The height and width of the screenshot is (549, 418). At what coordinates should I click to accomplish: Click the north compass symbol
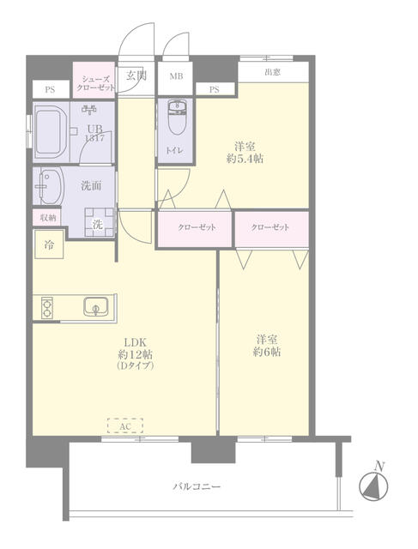tap(373, 486)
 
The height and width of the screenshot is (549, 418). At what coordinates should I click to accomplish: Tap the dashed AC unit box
tap(125, 425)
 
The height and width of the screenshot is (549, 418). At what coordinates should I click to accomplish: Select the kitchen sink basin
tap(95, 306)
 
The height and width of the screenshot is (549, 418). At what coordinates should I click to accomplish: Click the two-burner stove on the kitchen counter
tap(47, 308)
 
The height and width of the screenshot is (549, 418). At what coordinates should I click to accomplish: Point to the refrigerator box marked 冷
tap(49, 244)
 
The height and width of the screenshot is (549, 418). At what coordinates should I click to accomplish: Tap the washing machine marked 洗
tap(100, 223)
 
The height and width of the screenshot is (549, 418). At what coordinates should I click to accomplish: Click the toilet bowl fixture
tap(177, 118)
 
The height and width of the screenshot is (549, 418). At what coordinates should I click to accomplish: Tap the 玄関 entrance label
tap(136, 75)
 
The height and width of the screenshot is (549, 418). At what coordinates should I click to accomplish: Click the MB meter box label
tap(176, 76)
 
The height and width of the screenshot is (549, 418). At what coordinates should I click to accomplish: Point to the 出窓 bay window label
tap(272, 72)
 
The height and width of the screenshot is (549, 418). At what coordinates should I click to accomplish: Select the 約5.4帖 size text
tap(245, 160)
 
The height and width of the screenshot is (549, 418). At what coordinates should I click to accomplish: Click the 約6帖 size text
tap(267, 352)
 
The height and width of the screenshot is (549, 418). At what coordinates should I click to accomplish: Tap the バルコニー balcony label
tap(197, 486)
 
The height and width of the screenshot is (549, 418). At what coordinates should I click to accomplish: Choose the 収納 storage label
tap(48, 218)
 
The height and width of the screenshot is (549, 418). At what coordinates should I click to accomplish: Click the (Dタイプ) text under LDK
tap(135, 366)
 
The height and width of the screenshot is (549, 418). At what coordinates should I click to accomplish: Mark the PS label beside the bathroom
tap(50, 89)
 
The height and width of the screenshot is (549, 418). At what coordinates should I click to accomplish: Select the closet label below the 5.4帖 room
tap(197, 227)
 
